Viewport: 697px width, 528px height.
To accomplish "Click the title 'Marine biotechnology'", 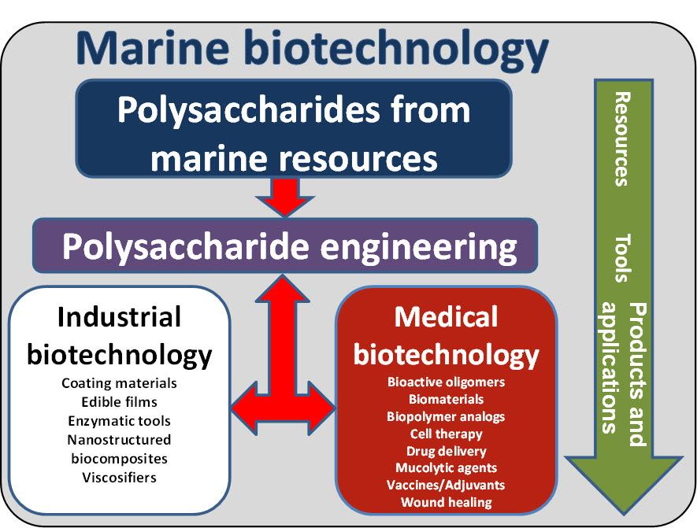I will [312, 49].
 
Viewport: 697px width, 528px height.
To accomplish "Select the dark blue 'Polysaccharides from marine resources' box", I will [294, 134].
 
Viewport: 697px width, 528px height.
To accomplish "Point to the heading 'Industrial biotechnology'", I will [119, 335].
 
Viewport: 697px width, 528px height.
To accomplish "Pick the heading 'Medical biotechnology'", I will [446, 335].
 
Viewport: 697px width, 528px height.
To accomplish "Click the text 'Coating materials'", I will [119, 383].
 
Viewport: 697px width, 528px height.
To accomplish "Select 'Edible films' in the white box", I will [119, 402].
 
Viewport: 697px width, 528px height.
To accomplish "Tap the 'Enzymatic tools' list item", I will [119, 421].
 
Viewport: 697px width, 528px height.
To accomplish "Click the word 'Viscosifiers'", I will [119, 478].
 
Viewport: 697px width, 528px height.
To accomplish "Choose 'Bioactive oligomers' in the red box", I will [446, 382].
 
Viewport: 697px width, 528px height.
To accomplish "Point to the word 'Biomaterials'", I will [446, 400].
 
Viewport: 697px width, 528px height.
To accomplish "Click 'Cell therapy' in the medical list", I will [446, 434].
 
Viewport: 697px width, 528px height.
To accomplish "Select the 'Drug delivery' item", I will [446, 451].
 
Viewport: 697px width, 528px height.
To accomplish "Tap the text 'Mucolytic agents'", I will [446, 468].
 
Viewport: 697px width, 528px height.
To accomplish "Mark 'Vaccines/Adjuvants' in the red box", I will [446, 485].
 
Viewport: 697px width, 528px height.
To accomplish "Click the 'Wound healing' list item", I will [446, 502].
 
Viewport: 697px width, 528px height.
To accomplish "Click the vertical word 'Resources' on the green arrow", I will [622, 139].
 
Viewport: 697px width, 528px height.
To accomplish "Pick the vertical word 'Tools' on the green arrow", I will [622, 258].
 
